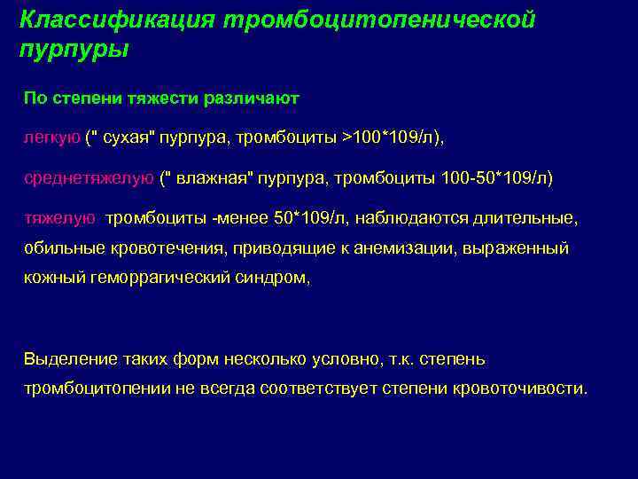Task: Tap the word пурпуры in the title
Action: point(74,48)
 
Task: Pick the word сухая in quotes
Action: point(131,137)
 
